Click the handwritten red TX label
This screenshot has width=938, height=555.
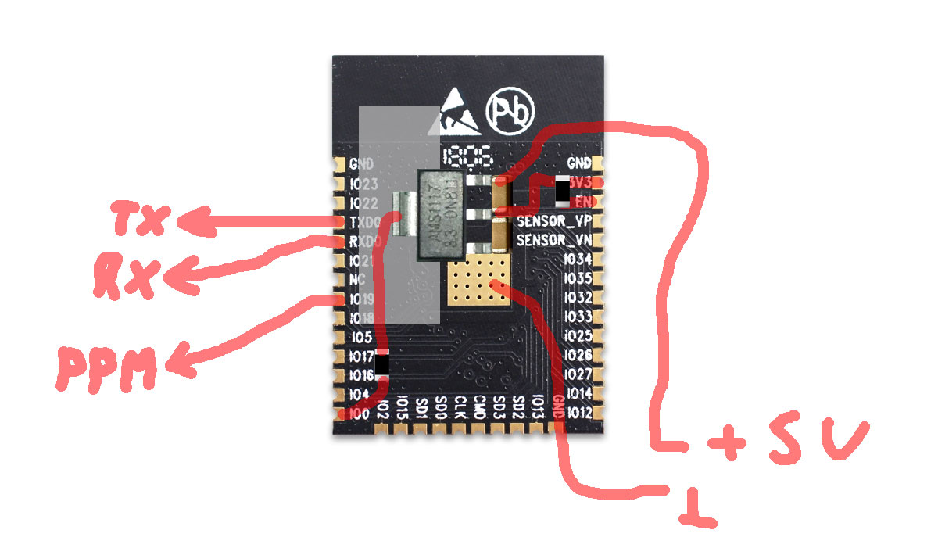tap(140, 220)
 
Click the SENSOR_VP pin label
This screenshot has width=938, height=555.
tap(553, 221)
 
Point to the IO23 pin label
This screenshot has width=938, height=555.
tap(364, 184)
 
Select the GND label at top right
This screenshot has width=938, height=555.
tap(578, 164)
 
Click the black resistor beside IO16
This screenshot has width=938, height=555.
tap(382, 365)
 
